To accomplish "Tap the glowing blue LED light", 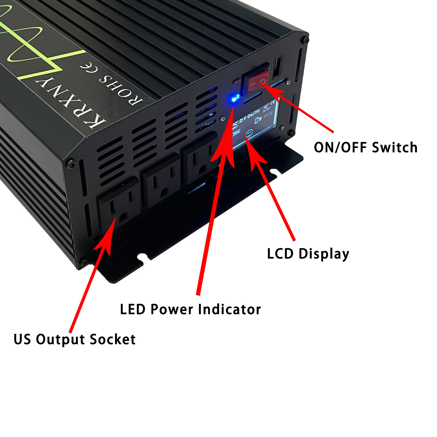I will coord(235,99).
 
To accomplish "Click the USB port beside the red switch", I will coord(277,67).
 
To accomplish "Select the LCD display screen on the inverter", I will coord(255,124).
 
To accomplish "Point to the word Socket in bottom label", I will coord(112,339).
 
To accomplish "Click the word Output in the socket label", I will coord(60,339).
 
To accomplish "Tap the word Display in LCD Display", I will coord(324,253).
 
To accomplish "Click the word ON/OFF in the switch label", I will coord(340,147).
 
